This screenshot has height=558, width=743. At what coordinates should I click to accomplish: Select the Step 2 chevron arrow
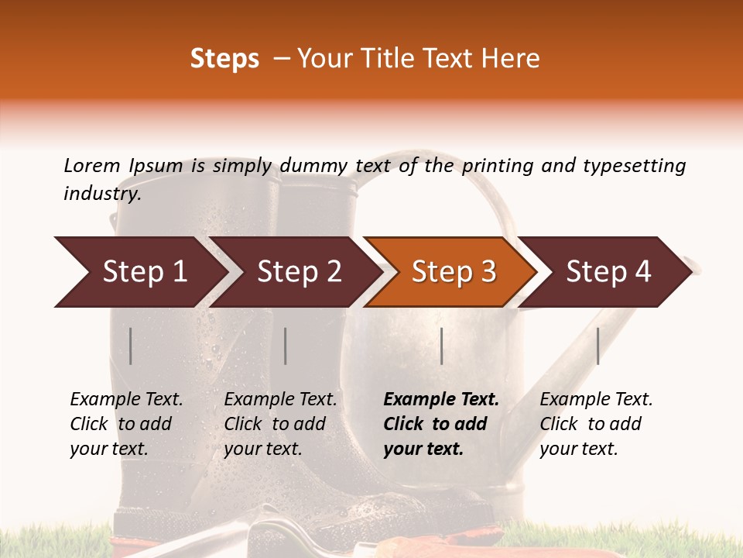[x=299, y=272]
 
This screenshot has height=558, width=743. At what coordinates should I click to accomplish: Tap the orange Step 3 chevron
[x=454, y=272]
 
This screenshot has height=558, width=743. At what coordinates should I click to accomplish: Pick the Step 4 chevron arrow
[x=608, y=272]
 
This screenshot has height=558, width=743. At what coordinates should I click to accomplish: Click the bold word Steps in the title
[x=224, y=59]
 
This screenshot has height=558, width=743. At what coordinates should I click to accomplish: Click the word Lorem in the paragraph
[x=91, y=166]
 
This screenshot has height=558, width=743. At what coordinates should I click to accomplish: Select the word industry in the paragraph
[x=102, y=194]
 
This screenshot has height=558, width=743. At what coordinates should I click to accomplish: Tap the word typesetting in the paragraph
[x=634, y=166]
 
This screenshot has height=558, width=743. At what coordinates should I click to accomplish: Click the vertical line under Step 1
[x=131, y=346]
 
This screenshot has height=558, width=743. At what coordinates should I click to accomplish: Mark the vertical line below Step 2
[x=286, y=346]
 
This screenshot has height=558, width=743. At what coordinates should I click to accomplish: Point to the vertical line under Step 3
[x=441, y=346]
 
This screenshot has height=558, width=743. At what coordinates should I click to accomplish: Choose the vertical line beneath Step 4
[x=597, y=346]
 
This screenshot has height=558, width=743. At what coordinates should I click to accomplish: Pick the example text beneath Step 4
[x=596, y=424]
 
